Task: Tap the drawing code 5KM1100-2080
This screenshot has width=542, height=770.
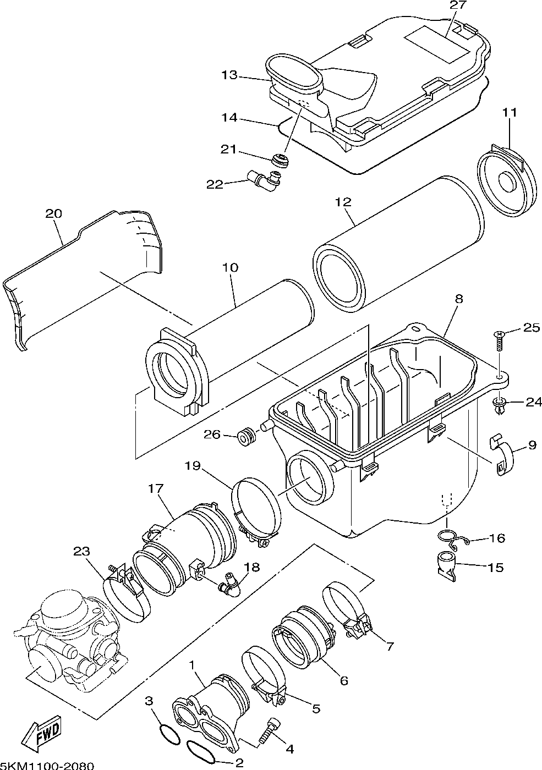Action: pyautogui.click(x=46, y=765)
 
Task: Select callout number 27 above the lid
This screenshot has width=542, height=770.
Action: pyautogui.click(x=458, y=5)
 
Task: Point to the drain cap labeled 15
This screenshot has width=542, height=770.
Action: pyautogui.click(x=447, y=565)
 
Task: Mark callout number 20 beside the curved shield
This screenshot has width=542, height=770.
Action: pyautogui.click(x=54, y=213)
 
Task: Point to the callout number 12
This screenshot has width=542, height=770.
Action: pyautogui.click(x=343, y=202)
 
